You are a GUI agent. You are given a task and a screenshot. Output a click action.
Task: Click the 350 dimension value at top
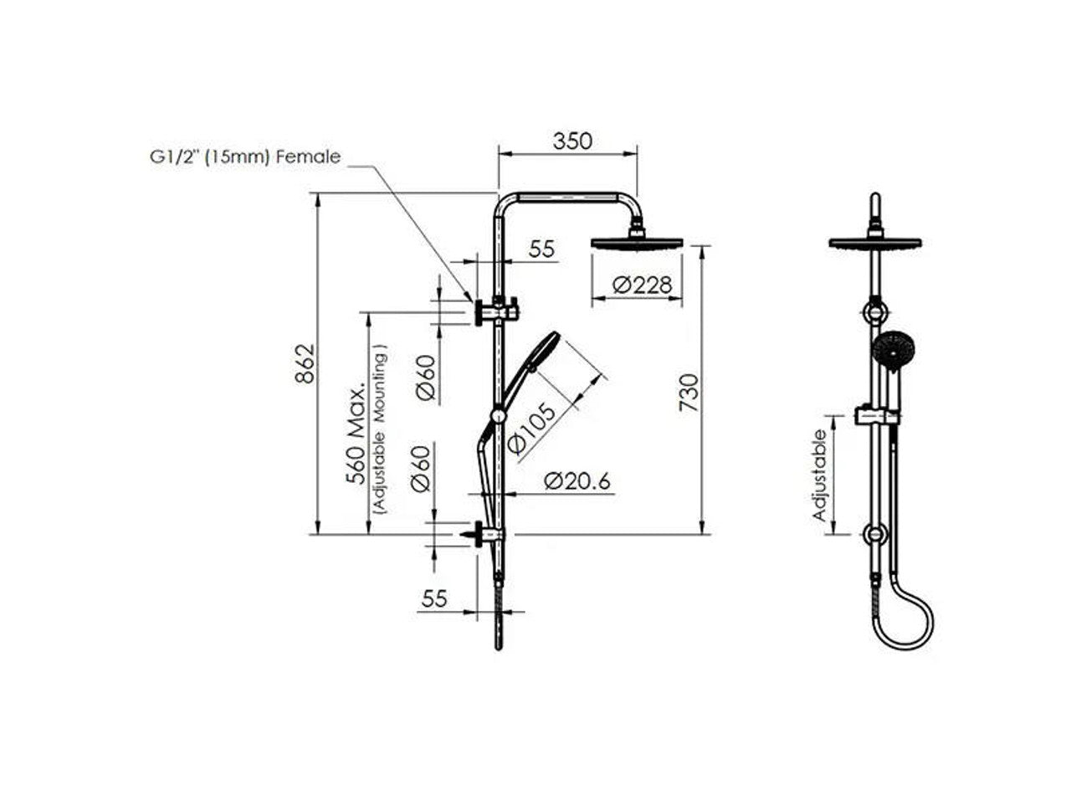pos(572,141)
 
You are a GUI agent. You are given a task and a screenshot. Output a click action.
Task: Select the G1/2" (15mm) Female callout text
pos(239,157)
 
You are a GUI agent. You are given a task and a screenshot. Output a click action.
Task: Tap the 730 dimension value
pos(688,392)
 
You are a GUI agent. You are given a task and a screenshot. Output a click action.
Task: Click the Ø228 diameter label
pos(642,285)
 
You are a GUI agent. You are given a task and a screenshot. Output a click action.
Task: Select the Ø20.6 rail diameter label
pos(576,481)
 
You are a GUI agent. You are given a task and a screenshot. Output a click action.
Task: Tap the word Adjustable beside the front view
pos(821,475)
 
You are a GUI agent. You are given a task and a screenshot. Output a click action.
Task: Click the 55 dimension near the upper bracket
pos(542,249)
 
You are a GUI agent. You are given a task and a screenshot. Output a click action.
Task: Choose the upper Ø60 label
pos(425,378)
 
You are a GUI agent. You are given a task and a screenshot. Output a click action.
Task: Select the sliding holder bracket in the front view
pos(876,415)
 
